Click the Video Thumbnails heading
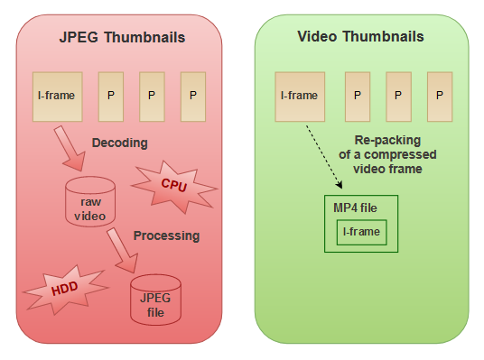[x=361, y=37]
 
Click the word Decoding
[x=119, y=143]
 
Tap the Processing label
[x=166, y=235]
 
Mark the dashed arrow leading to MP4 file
[x=320, y=155]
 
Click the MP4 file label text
[x=355, y=208]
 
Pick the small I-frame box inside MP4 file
[x=361, y=233]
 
